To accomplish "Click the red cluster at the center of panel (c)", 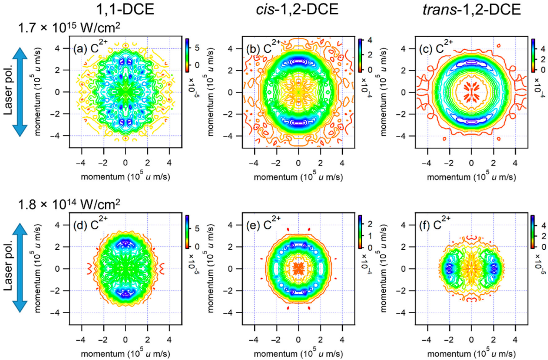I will [x=471, y=88].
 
